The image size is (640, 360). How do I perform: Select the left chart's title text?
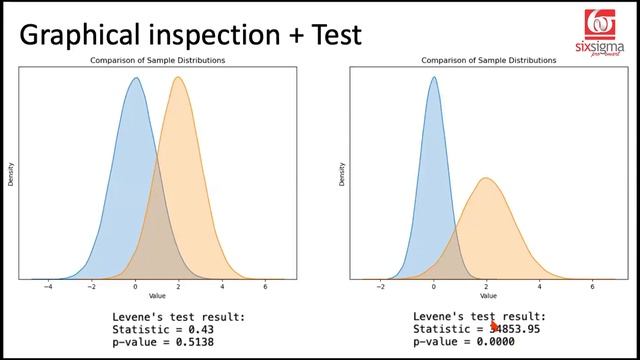(159, 61)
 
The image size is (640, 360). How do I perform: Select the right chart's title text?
(488, 61)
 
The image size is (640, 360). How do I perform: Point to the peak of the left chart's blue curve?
(135, 79)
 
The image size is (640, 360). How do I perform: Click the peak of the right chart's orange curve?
(486, 178)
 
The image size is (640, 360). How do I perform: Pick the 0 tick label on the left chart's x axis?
(136, 287)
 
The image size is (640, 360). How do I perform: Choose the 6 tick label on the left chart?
(265, 287)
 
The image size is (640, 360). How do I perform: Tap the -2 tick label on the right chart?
(380, 287)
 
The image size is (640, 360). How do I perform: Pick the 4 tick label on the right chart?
(540, 287)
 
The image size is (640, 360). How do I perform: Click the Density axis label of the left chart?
(12, 175)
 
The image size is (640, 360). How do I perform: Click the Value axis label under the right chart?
(487, 297)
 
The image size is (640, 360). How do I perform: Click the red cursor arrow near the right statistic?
(495, 326)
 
